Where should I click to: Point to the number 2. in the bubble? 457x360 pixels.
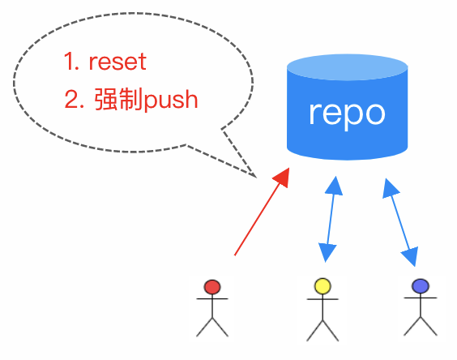coord(75,101)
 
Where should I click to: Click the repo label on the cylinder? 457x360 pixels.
coord(347,113)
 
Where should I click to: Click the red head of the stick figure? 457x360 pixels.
coord(212,286)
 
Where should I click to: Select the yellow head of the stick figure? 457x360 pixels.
coord(322,285)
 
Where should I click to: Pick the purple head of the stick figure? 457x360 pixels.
coord(420,285)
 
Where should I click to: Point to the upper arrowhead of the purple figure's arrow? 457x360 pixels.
coord(389,189)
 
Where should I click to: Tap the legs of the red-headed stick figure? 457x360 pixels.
coord(212,327)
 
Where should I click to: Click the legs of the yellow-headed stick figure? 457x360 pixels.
coord(322,328)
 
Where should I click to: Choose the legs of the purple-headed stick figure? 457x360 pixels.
coord(420,324)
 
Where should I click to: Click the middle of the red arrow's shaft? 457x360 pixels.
coord(259,216)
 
